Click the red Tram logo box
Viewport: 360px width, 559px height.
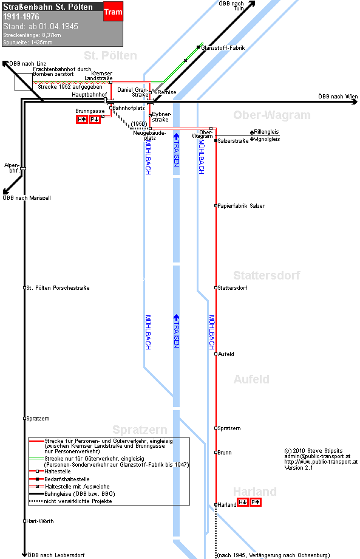coord(114,11)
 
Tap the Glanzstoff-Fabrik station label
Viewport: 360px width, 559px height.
coord(223,48)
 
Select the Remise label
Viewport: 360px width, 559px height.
coord(167,92)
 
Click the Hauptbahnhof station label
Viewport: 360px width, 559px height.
coord(89,94)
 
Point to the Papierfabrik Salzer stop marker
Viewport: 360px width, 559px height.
coord(216,206)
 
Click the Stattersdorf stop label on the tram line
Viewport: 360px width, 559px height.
coord(232,287)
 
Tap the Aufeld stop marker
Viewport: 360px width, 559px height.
coord(216,354)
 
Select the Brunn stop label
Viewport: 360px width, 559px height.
coord(225,453)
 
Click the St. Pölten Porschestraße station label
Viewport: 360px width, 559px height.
coord(58,287)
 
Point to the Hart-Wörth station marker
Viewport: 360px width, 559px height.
coord(24,521)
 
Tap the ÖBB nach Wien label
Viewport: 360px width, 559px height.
coord(338,96)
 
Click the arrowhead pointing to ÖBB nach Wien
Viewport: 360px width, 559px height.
coord(355,102)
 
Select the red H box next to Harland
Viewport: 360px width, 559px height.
coord(243,502)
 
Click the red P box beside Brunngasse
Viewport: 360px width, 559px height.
coord(94,120)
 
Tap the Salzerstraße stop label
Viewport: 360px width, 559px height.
coord(233,141)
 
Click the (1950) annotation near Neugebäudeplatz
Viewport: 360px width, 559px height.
coord(139,124)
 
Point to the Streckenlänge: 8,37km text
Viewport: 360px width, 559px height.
coord(32,35)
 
